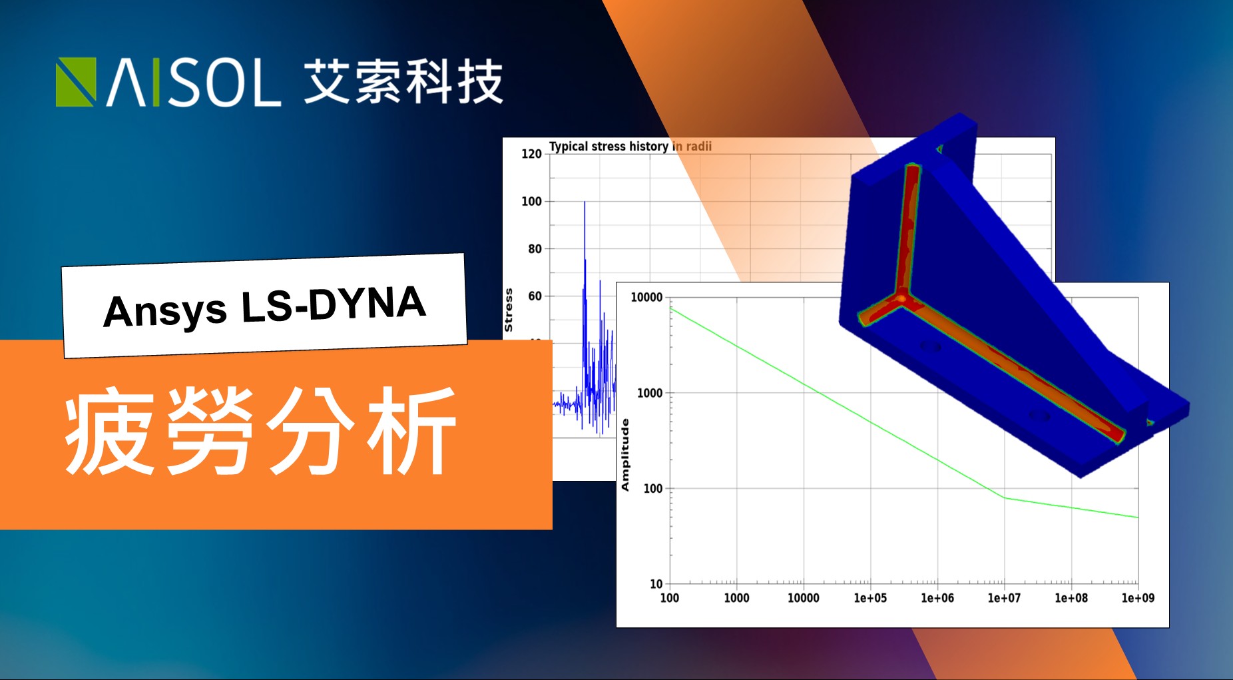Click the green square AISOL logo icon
point(76,82)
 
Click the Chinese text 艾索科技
point(403,82)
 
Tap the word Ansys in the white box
point(165,311)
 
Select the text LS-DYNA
point(333,304)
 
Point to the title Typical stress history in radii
point(630,147)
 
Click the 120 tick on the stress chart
point(531,154)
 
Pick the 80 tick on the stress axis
point(535,248)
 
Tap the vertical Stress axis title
point(509,310)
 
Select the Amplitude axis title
point(625,455)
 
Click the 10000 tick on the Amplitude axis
point(646,297)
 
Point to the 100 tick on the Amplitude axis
point(653,489)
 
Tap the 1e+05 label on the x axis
point(870,598)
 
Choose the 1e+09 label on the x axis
point(1138,598)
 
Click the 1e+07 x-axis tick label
point(1004,598)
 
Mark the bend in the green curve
point(1005,498)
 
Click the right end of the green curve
point(1138,517)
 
